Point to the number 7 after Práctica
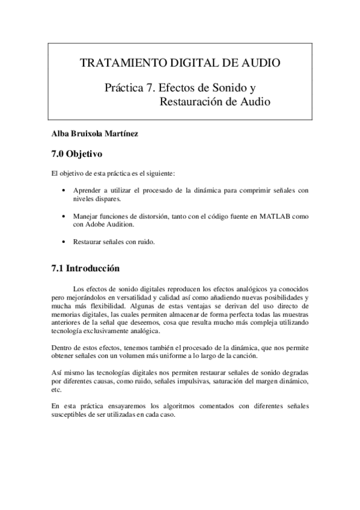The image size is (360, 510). pos(149,87)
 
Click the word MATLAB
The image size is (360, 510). pos(276,216)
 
